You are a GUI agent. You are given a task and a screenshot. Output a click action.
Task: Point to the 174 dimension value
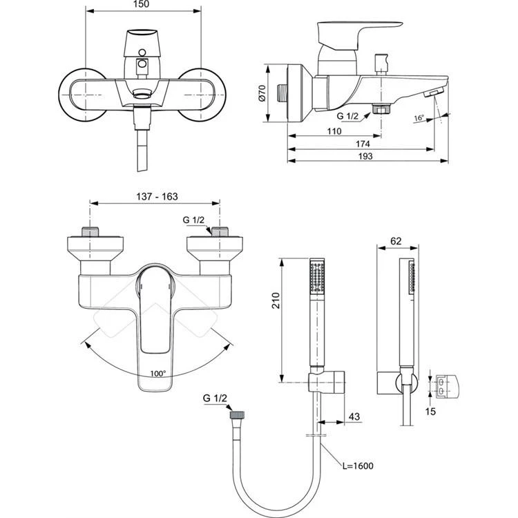click(x=362, y=144)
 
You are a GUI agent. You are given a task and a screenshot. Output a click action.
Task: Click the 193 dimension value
click(x=365, y=157)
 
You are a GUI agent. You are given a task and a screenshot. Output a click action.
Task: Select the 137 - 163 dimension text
click(x=156, y=197)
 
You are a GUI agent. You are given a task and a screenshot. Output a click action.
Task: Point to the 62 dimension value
click(x=396, y=241)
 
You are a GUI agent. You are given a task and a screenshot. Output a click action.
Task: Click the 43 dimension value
click(x=354, y=416)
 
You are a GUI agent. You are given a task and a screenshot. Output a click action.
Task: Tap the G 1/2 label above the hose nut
click(x=215, y=399)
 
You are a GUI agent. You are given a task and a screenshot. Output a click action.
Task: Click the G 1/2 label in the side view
click(x=348, y=116)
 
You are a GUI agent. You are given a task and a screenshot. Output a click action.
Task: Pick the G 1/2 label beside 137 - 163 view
click(x=194, y=220)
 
